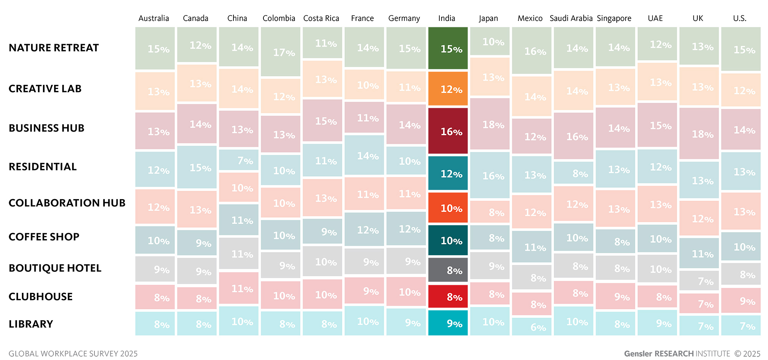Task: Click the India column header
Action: (447, 18)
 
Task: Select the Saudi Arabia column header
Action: (571, 18)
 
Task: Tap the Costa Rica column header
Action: (321, 18)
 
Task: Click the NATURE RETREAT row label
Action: (54, 48)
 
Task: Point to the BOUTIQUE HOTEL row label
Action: (55, 268)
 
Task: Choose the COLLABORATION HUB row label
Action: (67, 203)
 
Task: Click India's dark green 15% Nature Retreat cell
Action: (448, 48)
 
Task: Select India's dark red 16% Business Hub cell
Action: (448, 131)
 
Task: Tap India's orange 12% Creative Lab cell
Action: (448, 89)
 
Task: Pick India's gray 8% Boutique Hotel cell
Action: (448, 270)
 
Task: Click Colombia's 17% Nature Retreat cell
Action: (281, 52)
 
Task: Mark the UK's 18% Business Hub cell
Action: (699, 133)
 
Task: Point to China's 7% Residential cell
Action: (238, 160)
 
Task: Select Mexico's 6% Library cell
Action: (531, 327)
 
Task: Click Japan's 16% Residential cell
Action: (490, 175)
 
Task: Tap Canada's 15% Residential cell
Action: (197, 167)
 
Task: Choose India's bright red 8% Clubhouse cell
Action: (448, 296)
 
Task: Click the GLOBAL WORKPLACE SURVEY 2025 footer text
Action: (73, 353)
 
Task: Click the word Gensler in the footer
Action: (638, 353)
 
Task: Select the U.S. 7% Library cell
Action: (741, 325)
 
